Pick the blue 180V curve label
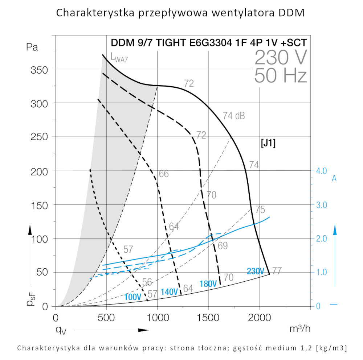pyautogui.click(x=208, y=284)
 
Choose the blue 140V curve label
pyautogui.click(x=169, y=292)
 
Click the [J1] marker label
pyautogui.click(x=268, y=143)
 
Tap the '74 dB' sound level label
pyautogui.click(x=233, y=116)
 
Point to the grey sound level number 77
pyautogui.click(x=277, y=271)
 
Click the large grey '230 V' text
pyautogui.click(x=281, y=57)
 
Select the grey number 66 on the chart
pyautogui.click(x=164, y=174)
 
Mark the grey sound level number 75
pyautogui.click(x=260, y=210)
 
